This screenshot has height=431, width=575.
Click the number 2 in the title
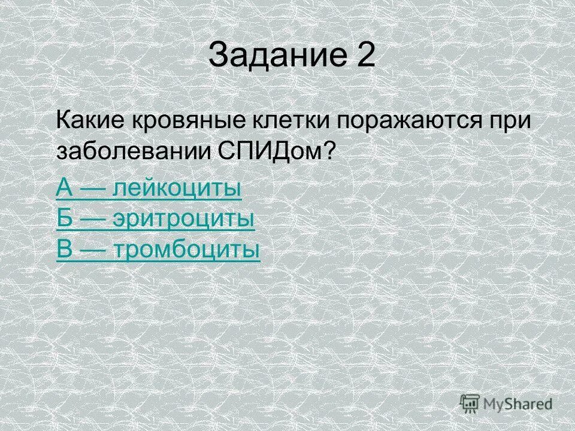(365, 57)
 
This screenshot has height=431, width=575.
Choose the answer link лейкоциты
(177, 189)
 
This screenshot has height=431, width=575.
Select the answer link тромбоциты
(186, 250)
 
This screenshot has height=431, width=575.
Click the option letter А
(65, 189)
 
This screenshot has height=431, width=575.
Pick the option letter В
(65, 250)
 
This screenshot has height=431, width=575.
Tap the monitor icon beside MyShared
(470, 403)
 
